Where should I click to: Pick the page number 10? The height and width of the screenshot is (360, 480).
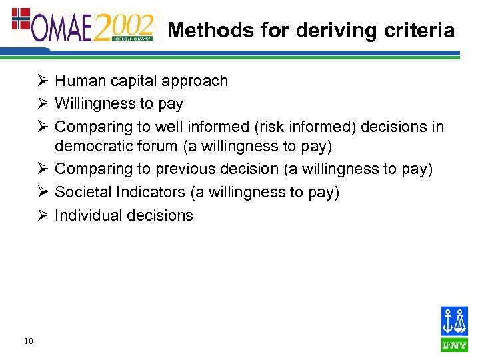27,341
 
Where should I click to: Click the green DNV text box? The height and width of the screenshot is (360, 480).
454,345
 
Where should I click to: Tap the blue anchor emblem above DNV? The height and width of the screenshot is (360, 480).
454,322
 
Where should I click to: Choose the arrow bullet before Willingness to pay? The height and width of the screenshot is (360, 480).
43,104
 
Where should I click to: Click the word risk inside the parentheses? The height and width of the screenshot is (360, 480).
269,127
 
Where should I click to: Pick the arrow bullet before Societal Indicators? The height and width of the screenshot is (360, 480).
43,193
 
